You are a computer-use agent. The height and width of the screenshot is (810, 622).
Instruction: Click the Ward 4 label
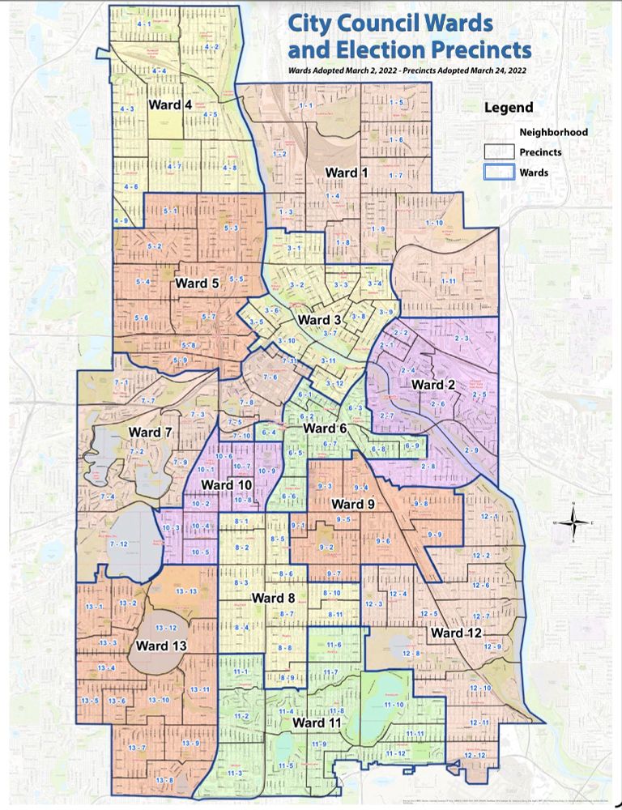(x=169, y=105)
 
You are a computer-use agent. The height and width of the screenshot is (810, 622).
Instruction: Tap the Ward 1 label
(x=346, y=173)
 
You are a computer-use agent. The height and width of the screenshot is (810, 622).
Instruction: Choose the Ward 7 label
(x=150, y=433)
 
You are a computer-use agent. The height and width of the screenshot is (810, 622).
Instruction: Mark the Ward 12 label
(x=458, y=633)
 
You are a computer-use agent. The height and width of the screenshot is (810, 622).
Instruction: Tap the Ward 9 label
(x=353, y=504)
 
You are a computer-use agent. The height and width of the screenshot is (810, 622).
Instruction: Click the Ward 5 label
(x=197, y=283)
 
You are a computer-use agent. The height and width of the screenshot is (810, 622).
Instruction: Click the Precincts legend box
(x=499, y=151)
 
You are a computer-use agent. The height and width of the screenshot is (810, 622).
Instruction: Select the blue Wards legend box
(x=499, y=172)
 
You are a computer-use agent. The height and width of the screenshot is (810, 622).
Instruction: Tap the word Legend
(x=509, y=108)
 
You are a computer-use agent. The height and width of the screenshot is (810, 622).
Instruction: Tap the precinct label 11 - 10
(x=394, y=706)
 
